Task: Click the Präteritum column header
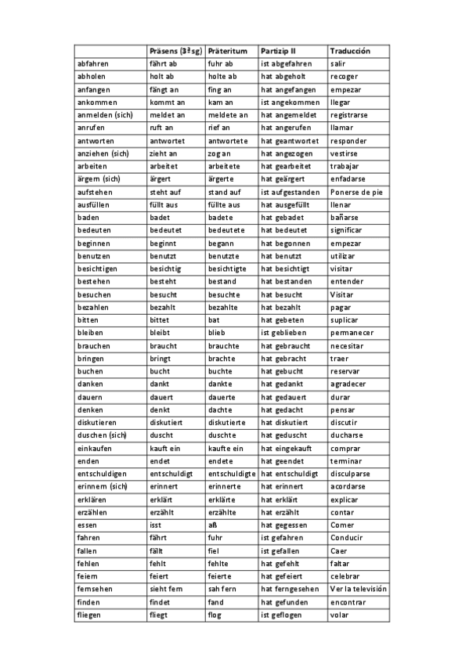(227, 51)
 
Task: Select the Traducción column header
(349, 51)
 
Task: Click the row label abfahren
(93, 63)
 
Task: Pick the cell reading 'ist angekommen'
(290, 103)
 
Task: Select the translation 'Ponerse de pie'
(357, 192)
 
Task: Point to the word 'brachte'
(222, 359)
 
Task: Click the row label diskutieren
(97, 423)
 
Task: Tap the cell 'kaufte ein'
(226, 448)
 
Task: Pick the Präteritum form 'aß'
(213, 525)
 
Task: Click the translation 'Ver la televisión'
(359, 590)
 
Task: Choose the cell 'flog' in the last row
(215, 615)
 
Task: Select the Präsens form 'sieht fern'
(167, 590)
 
